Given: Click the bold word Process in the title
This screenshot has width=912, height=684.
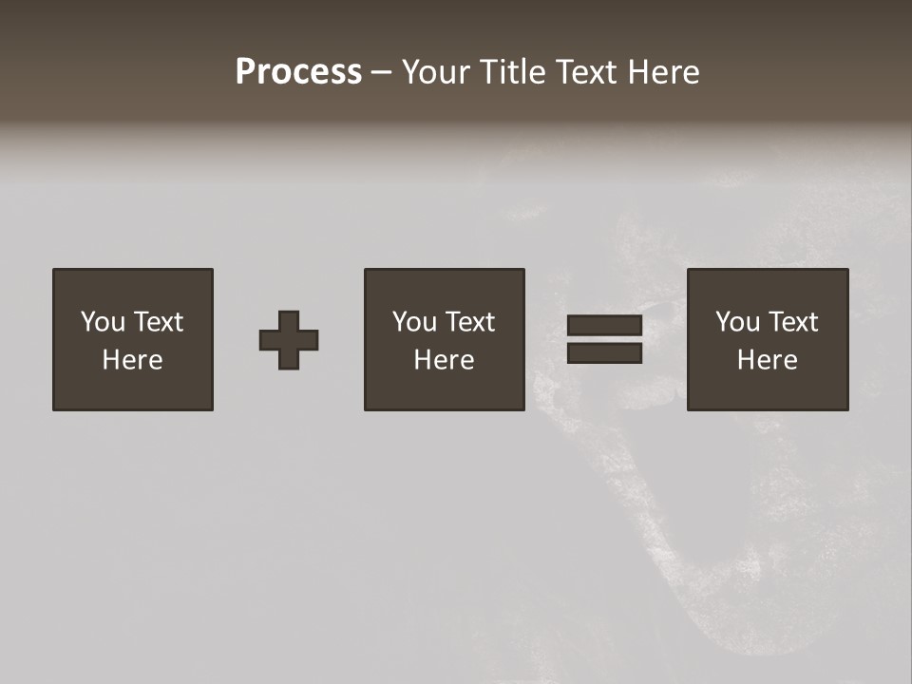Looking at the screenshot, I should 298,72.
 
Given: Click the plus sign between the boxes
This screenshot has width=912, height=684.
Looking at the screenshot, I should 289,340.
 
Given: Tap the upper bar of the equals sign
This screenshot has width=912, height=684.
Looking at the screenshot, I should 604,326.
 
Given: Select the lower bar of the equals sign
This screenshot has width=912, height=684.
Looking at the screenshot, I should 604,353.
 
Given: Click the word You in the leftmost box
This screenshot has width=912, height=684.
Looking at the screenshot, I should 103,322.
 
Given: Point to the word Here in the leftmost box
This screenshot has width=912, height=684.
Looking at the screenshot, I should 133,360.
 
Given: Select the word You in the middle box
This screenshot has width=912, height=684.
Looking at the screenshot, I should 414,322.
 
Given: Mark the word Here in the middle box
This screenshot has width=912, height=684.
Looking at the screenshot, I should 445,360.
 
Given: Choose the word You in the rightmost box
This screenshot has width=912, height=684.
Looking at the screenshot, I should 737,322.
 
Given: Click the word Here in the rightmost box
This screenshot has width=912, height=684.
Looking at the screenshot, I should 768,360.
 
